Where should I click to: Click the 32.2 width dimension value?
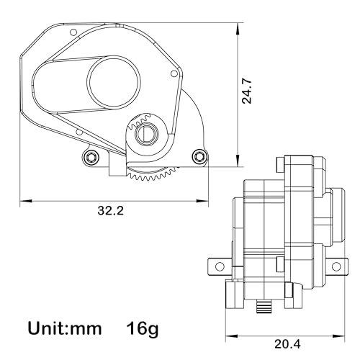[x=111, y=211]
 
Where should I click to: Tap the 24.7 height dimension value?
[x=247, y=91]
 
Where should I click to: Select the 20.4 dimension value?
[x=287, y=345]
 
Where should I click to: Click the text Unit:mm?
[x=65, y=328]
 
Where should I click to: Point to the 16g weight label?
[x=143, y=329]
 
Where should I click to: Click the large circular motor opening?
[x=114, y=81]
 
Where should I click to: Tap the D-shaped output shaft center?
[x=145, y=133]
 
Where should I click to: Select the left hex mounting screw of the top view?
[x=91, y=157]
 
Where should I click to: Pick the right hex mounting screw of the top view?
[x=199, y=156]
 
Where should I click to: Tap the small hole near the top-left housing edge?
[x=73, y=32]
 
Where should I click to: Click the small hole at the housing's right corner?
[x=174, y=73]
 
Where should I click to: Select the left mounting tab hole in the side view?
[x=220, y=266]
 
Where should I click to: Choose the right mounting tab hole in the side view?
[x=336, y=266]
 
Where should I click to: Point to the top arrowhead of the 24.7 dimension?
[x=238, y=29]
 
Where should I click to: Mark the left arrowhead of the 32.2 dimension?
[x=26, y=201]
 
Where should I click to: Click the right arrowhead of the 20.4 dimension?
[x=338, y=336]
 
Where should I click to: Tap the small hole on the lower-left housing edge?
[x=79, y=132]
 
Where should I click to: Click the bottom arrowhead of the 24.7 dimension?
[x=238, y=161]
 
